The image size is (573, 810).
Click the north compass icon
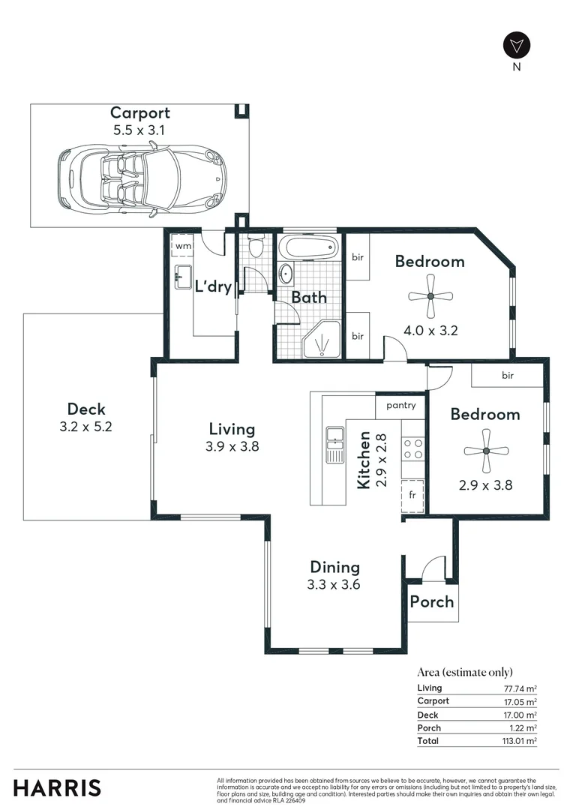coord(516,45)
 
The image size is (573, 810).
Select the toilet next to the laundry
coord(255,246)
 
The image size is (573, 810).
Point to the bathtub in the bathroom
coord(307,248)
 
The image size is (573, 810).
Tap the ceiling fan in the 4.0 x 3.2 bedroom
coord(430,296)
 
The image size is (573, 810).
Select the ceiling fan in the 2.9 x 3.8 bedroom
coord(485,451)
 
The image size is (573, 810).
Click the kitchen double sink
coord(334,445)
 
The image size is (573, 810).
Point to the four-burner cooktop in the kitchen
coord(412,448)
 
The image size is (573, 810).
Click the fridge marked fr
coord(412,495)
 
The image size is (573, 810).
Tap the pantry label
coord(400,406)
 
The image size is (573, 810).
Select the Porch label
coord(432,601)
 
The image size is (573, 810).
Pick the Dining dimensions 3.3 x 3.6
coord(335,584)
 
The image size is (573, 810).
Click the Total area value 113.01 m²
coord(519,741)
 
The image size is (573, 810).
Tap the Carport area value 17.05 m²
coord(520,701)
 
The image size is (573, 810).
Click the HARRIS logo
coord(57,788)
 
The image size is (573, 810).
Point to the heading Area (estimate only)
coord(465,672)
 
